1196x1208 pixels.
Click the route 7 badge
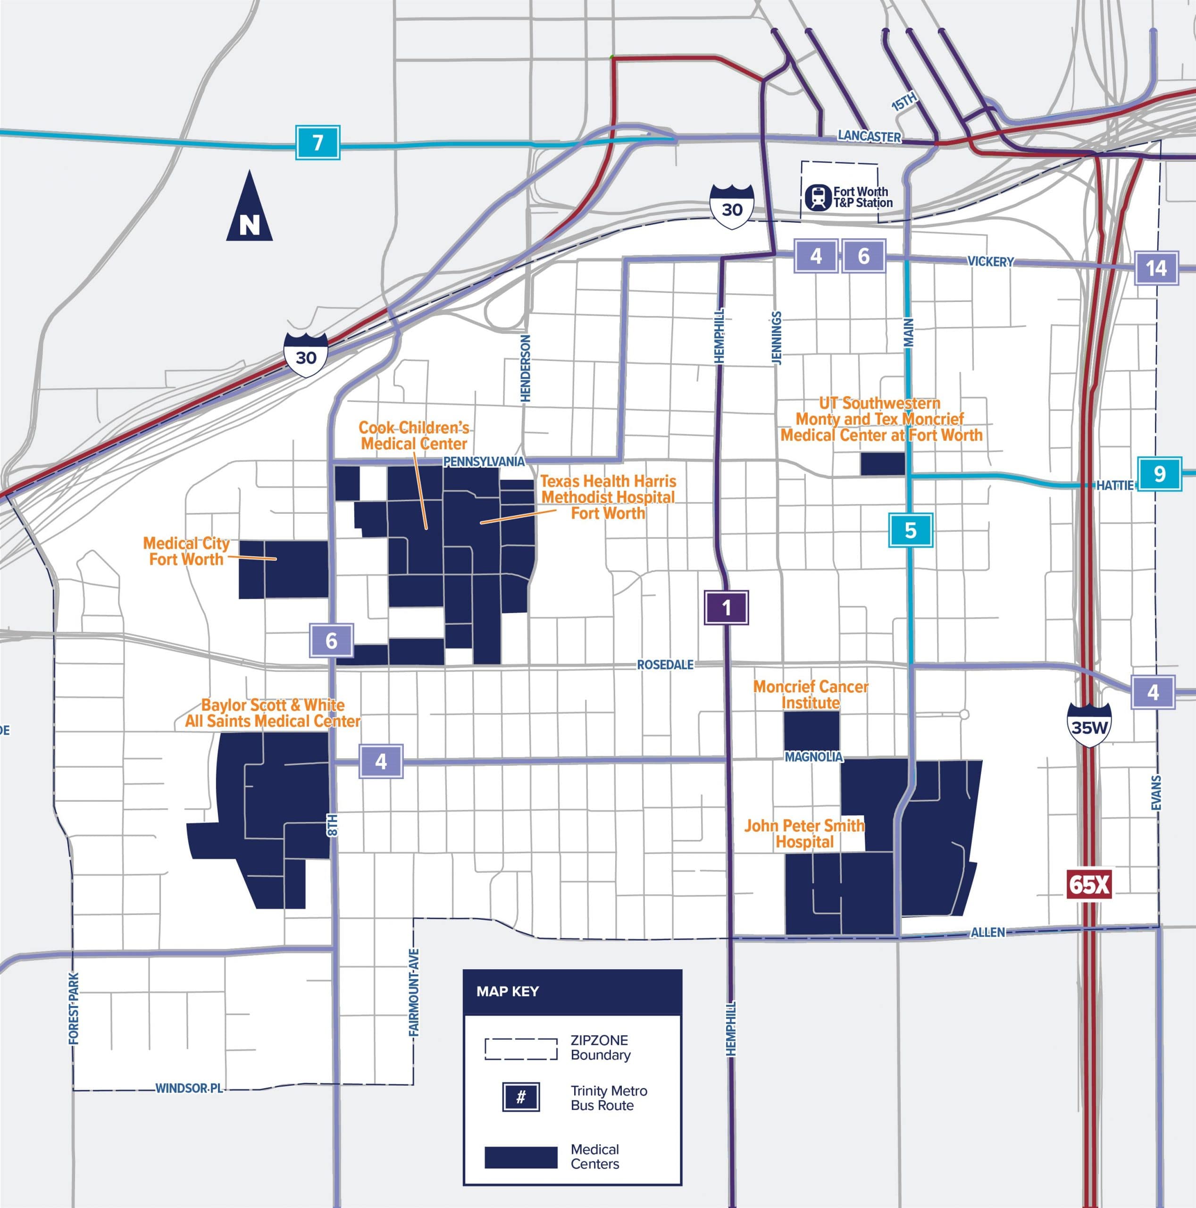pyautogui.click(x=318, y=143)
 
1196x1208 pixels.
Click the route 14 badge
pyautogui.click(x=1156, y=268)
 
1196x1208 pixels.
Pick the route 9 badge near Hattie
pyautogui.click(x=1159, y=474)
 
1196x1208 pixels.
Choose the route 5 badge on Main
pyautogui.click(x=910, y=530)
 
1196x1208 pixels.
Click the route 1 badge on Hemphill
pyautogui.click(x=726, y=607)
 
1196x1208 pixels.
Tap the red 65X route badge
pyautogui.click(x=1088, y=885)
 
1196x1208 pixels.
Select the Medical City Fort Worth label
pyautogui.click(x=186, y=551)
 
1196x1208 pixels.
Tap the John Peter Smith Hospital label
pyautogui.click(x=804, y=833)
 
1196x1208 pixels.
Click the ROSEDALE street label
pyautogui.click(x=665, y=665)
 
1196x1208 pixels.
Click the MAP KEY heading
pyautogui.click(x=507, y=991)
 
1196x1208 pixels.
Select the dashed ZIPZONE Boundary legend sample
pyautogui.click(x=521, y=1049)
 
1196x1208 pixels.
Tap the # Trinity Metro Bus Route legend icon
pyautogui.click(x=521, y=1097)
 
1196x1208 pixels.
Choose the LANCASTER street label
pyautogui.click(x=869, y=136)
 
